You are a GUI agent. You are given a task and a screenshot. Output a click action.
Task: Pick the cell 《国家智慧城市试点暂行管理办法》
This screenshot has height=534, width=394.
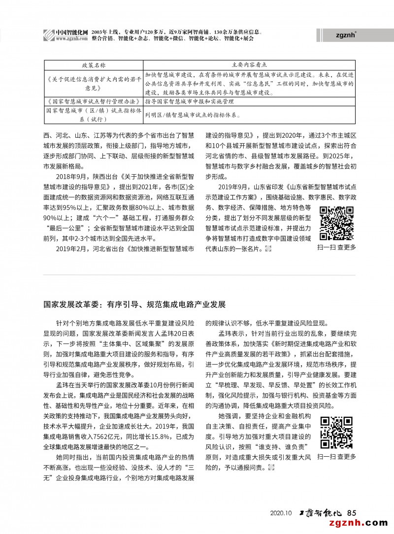pyautogui.click(x=93, y=101)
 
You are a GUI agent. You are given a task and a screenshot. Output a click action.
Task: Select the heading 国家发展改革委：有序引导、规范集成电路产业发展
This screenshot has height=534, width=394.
pyautogui.click(x=134, y=305)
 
